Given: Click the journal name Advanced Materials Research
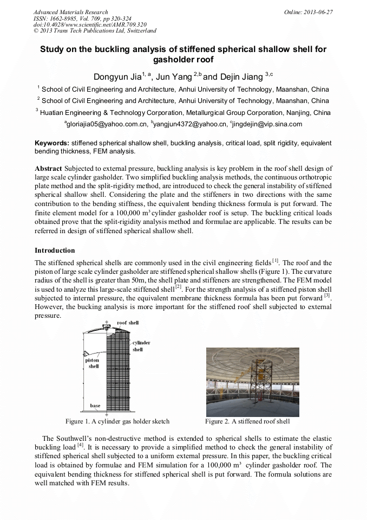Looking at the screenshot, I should click(x=70, y=12).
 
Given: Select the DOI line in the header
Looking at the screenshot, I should click(x=90, y=24).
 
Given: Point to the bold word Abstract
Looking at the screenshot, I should click(x=48, y=169).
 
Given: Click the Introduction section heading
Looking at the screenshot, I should click(x=55, y=250).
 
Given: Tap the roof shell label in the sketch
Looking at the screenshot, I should click(x=128, y=323).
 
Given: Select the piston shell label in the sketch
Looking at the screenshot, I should click(x=93, y=363).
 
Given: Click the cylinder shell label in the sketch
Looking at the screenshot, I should click(x=141, y=346).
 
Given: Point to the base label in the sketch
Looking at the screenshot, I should click(x=95, y=406).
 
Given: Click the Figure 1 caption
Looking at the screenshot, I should click(x=117, y=421).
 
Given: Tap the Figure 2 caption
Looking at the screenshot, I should click(x=247, y=421).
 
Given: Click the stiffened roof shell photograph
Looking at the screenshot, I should click(x=253, y=382).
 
